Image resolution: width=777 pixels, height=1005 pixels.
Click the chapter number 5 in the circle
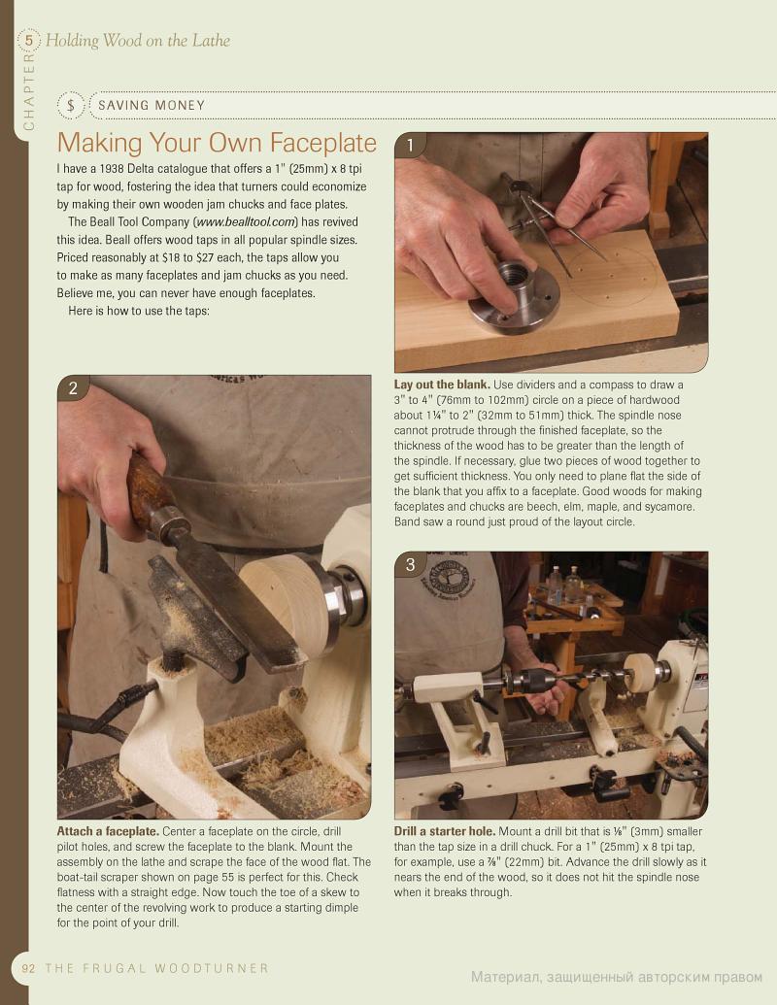[x=29, y=41]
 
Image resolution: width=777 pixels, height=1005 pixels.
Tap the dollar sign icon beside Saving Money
[x=71, y=105]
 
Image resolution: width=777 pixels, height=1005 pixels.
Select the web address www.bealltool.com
[x=246, y=221]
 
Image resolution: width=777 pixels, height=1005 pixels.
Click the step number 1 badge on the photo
[x=410, y=146]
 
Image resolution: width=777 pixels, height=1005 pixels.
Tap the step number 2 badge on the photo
[x=73, y=387]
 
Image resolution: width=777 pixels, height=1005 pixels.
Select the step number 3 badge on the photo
[x=410, y=564]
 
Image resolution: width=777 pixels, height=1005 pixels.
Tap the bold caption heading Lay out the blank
[x=442, y=385]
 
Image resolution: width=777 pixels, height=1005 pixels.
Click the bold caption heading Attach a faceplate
[x=108, y=831]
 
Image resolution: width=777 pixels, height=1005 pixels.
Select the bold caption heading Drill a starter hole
[x=444, y=831]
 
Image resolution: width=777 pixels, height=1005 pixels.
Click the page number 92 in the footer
[x=29, y=968]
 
